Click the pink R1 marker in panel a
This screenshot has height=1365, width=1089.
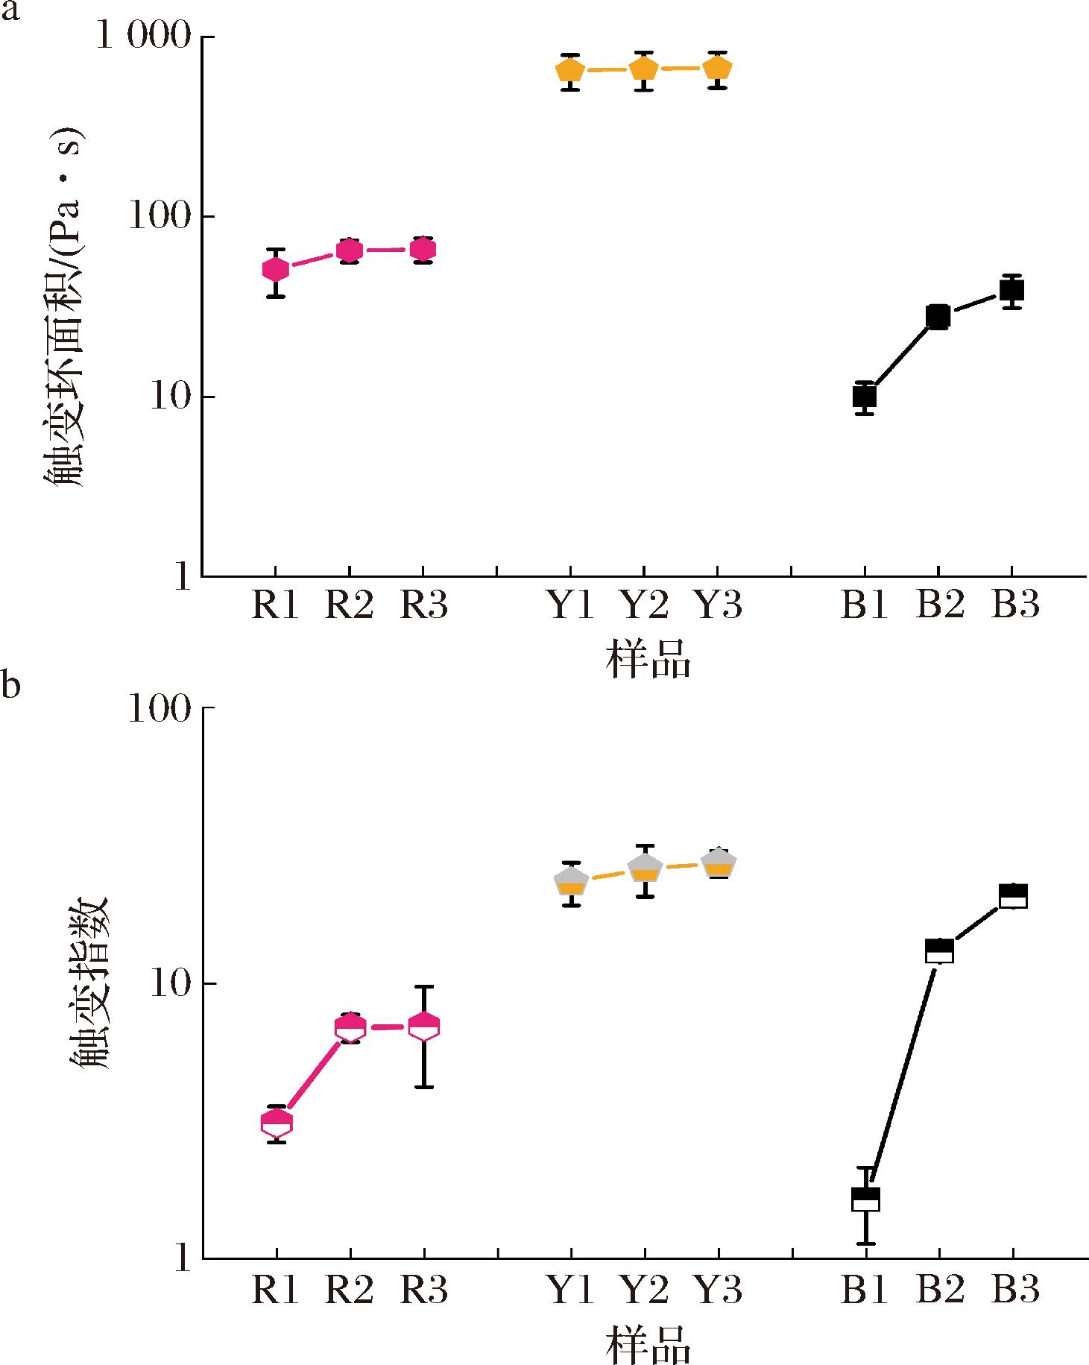(x=275, y=269)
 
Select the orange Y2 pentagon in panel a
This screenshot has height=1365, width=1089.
(x=643, y=69)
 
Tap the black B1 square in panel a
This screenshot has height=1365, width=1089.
(x=864, y=396)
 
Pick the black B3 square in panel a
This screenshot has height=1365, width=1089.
(x=1011, y=290)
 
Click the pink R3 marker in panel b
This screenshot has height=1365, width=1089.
(x=423, y=1027)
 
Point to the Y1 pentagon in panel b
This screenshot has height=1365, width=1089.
(x=571, y=882)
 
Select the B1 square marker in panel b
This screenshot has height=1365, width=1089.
(x=865, y=1199)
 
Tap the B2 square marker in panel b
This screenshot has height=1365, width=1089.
(x=939, y=951)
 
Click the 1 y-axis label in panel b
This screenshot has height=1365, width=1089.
(x=183, y=1259)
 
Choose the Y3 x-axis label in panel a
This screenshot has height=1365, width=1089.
(x=719, y=605)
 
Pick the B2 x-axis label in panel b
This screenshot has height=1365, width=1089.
(x=939, y=1289)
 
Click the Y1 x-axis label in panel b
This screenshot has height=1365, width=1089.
(x=571, y=1289)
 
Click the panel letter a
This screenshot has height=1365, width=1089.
(x=10, y=13)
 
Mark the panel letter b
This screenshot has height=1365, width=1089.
(x=10, y=684)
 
